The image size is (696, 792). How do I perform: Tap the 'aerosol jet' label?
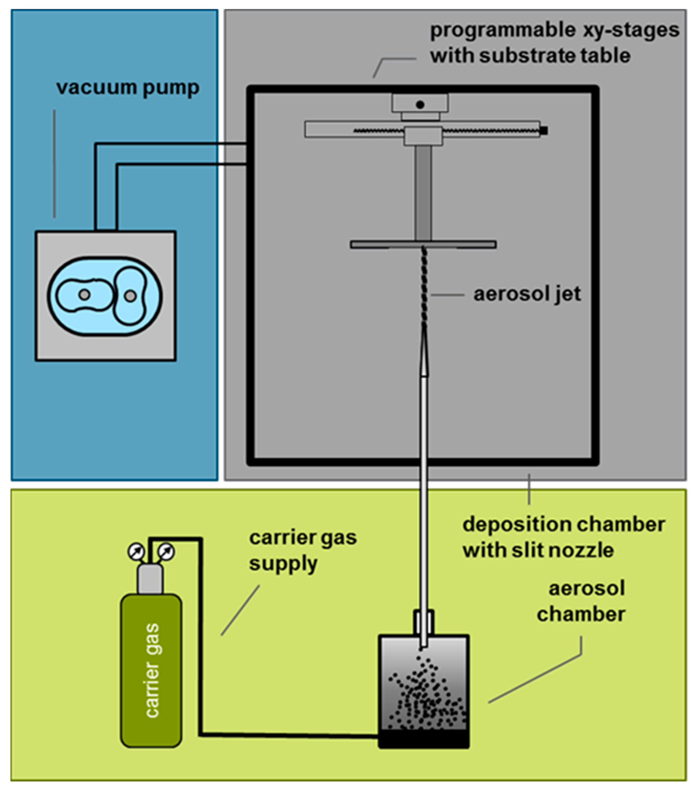pyautogui.click(x=527, y=294)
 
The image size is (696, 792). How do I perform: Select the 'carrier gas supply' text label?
pyautogui.click(x=302, y=550)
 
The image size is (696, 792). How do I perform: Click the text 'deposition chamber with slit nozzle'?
pyautogui.click(x=563, y=538)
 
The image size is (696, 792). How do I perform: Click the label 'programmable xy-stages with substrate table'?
pyautogui.click(x=554, y=43)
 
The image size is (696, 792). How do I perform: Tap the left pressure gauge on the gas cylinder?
pyautogui.click(x=136, y=551)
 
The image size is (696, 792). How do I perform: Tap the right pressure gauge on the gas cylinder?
pyautogui.click(x=167, y=551)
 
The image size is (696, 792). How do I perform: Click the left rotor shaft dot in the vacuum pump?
pyautogui.click(x=84, y=294)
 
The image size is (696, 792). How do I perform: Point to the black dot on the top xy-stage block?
pyautogui.click(x=420, y=104)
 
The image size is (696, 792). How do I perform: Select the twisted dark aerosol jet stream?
pyautogui.click(x=424, y=287)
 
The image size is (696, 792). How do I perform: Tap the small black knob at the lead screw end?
pyautogui.click(x=544, y=130)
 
